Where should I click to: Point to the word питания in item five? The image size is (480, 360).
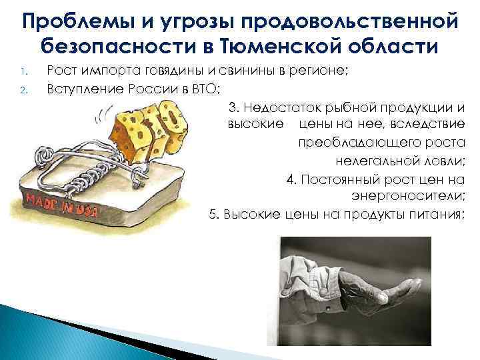click(x=438, y=214)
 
